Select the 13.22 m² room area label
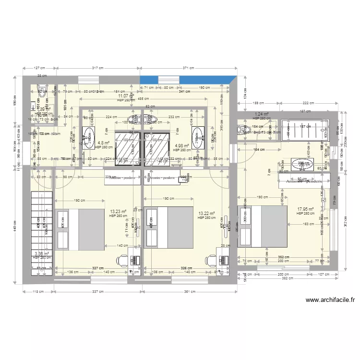(206, 214)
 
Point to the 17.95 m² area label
(305, 209)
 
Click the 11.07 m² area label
(124, 96)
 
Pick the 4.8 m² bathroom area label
(104, 143)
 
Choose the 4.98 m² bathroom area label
(183, 146)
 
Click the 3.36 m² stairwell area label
(42, 253)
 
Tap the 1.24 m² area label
(261, 114)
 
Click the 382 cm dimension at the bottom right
(287, 278)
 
